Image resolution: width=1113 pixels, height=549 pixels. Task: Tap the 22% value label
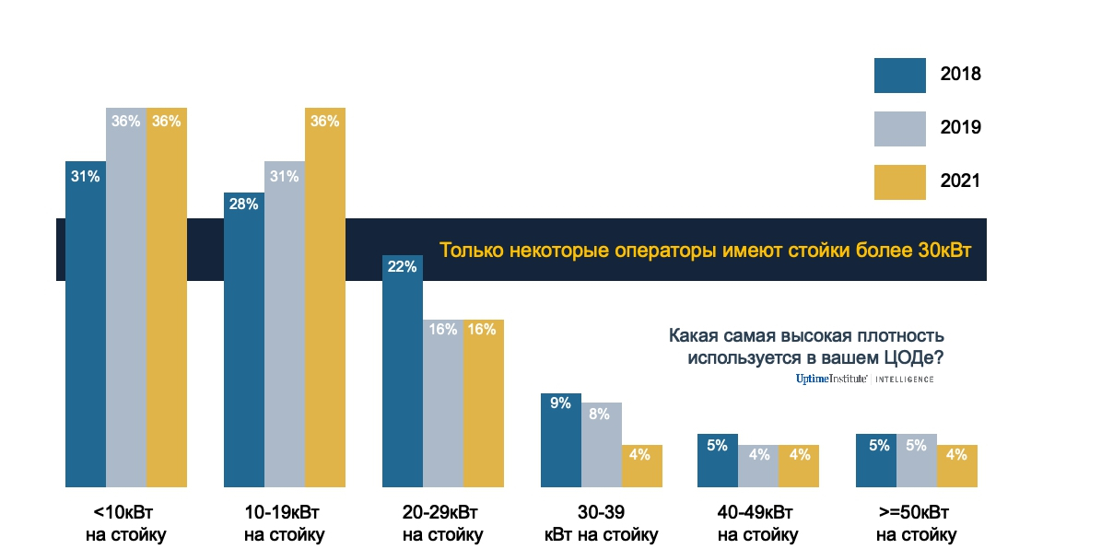pyautogui.click(x=403, y=267)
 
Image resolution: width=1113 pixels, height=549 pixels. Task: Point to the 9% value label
pyautogui.click(x=561, y=403)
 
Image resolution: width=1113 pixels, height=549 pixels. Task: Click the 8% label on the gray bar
pyautogui.click(x=601, y=414)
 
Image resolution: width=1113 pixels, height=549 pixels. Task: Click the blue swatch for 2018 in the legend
pyautogui.click(x=899, y=76)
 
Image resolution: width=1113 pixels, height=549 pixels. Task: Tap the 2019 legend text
pyautogui.click(x=960, y=128)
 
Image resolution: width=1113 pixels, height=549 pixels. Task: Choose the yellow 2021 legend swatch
pyautogui.click(x=899, y=181)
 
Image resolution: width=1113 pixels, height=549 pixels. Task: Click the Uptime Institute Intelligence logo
pyautogui.click(x=864, y=379)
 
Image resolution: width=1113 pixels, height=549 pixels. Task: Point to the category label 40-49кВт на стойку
pyautogui.click(x=757, y=523)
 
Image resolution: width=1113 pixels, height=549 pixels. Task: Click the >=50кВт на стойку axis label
pyautogui.click(x=916, y=523)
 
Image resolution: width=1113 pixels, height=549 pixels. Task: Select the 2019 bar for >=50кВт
pyautogui.click(x=917, y=460)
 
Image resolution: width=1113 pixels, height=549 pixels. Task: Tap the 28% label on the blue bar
pyautogui.click(x=244, y=204)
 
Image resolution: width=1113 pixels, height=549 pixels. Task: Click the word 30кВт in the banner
pyautogui.click(x=945, y=251)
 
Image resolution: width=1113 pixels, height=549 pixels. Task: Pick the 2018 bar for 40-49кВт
pyautogui.click(x=718, y=460)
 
